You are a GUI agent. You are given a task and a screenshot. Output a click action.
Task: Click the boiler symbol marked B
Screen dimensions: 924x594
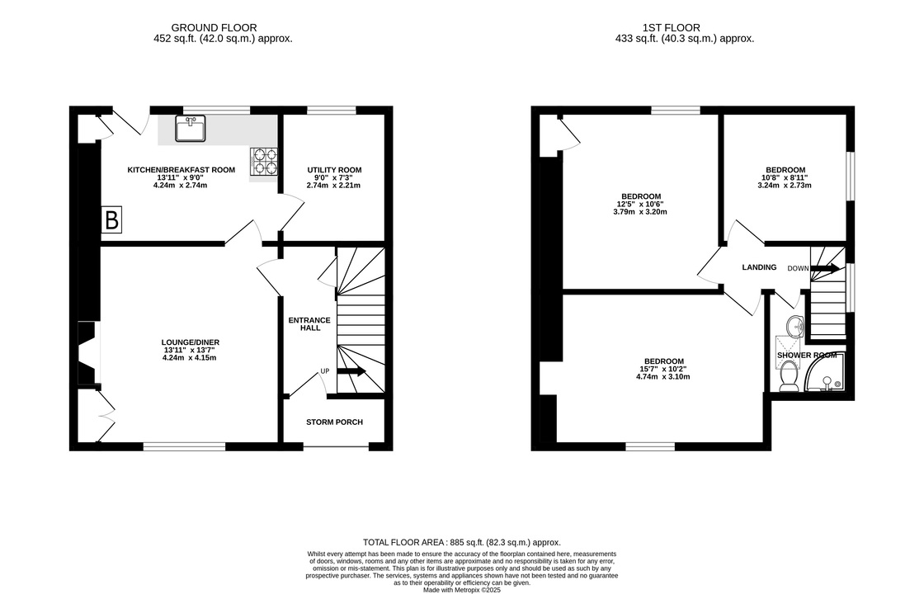pos(111,219)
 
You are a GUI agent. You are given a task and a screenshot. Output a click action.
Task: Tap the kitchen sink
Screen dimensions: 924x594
pos(190,129)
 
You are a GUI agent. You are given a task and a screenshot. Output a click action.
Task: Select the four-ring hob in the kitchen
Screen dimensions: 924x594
pos(264,162)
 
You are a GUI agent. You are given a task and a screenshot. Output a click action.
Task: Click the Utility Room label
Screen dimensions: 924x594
pos(334,170)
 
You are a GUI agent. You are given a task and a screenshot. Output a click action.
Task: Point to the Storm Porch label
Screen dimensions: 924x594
pos(334,422)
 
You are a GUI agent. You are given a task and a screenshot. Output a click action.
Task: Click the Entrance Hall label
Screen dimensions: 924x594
pos(309,324)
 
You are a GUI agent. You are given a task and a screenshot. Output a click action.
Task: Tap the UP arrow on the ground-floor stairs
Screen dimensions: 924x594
pos(351,370)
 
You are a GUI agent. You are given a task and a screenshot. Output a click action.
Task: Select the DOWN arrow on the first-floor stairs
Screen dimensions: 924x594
pos(825,269)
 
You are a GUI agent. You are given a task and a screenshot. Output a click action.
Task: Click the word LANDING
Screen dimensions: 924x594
pos(759,267)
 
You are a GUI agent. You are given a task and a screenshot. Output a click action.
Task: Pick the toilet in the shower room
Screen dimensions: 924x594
pos(788,377)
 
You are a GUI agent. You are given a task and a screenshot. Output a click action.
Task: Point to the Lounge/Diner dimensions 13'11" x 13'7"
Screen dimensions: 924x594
pos(190,350)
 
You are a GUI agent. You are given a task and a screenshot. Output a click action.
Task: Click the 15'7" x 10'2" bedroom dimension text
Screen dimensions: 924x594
pos(663,370)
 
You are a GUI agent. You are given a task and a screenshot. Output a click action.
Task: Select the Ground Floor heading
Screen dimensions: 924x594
pos(214,28)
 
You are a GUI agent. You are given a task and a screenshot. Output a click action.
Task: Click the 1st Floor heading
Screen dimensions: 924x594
pos(672,28)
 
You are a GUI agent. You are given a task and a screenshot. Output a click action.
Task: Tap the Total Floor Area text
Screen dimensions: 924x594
pos(462,542)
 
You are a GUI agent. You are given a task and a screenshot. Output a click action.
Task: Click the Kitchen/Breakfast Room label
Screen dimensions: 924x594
pos(181,170)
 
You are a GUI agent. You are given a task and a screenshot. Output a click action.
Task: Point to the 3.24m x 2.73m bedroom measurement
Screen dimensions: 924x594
pos(785,185)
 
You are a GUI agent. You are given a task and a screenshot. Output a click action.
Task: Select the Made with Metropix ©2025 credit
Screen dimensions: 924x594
pos(462,589)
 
